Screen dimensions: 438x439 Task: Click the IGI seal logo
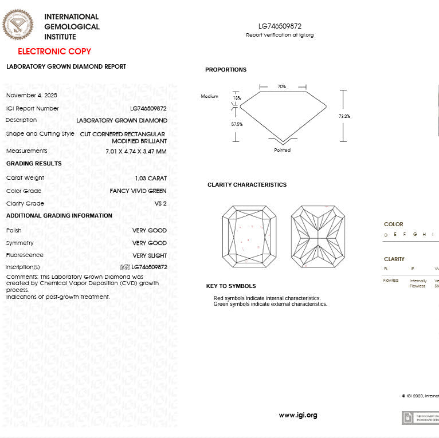(x=18, y=25)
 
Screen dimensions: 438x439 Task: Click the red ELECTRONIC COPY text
(x=54, y=52)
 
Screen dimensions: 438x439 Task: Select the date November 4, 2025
(x=32, y=95)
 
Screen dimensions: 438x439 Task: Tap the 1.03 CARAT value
(x=151, y=178)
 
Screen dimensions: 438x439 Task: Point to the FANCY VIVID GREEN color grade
(x=138, y=191)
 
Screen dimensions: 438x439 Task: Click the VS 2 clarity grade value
(x=160, y=204)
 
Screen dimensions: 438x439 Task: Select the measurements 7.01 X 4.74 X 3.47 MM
(x=136, y=151)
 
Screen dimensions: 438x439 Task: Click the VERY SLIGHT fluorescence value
(x=150, y=256)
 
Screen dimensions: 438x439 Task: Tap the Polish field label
(x=14, y=230)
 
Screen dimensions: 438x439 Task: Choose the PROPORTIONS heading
(x=226, y=70)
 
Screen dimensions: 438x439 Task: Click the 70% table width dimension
(x=281, y=86)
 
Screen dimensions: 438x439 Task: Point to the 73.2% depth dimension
(x=344, y=116)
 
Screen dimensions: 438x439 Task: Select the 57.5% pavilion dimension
(x=237, y=124)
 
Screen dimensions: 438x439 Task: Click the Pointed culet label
(x=282, y=150)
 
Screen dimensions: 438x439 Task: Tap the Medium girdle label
(x=209, y=96)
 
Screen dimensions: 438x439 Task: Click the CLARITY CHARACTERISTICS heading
(x=247, y=185)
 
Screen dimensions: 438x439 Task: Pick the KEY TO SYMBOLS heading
(x=231, y=286)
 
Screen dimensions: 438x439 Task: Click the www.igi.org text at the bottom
(x=298, y=415)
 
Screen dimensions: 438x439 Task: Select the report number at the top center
(x=280, y=26)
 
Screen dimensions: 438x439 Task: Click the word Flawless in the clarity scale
(x=391, y=281)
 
